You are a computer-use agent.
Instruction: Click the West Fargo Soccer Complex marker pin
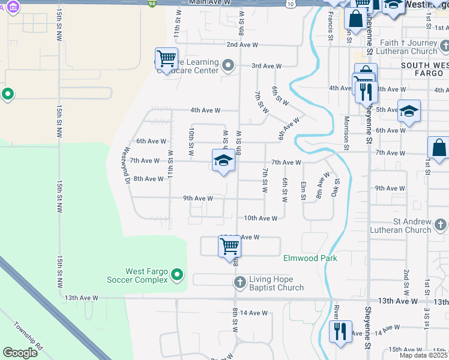(176, 275)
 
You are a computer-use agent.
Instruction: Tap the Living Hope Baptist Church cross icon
(240, 282)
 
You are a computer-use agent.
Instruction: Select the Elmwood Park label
(310, 258)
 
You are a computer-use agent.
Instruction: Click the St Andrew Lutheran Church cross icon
(441, 225)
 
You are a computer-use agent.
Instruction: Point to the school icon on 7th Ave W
(223, 161)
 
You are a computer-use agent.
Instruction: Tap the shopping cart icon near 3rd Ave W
(166, 59)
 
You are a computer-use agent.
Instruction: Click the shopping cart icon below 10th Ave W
(229, 245)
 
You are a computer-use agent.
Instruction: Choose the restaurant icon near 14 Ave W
(340, 331)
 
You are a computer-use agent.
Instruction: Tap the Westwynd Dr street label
(126, 166)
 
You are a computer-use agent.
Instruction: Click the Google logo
(20, 353)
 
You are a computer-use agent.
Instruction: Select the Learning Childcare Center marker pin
(228, 65)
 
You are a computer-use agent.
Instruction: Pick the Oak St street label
(337, 189)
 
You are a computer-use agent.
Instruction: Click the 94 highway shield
(153, 3)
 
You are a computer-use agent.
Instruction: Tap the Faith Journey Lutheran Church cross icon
(443, 46)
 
